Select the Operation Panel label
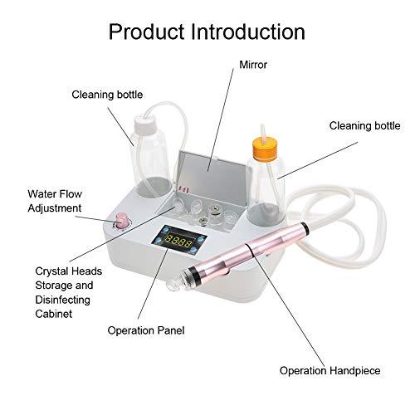(x=145, y=330)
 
